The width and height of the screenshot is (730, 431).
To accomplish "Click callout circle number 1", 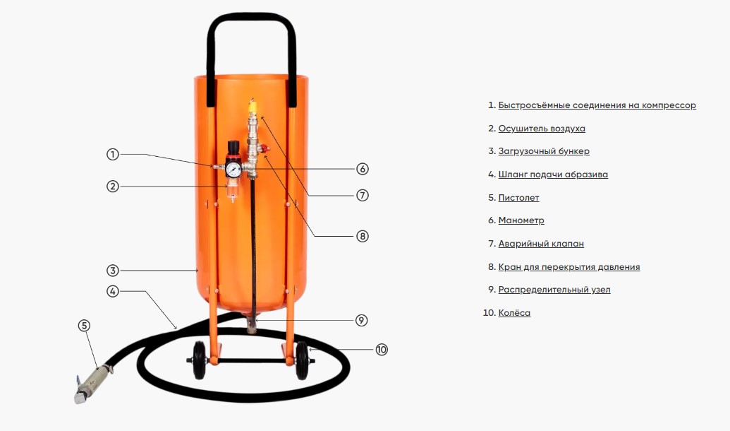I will coord(112,154).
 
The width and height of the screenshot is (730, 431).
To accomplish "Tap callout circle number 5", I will coord(84,326).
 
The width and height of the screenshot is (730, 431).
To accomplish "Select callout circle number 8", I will coord(363,236).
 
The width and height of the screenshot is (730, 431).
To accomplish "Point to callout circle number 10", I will coord(382,349).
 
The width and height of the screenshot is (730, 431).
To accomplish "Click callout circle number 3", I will coord(112,270).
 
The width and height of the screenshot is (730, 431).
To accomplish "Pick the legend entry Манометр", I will coord(521,220).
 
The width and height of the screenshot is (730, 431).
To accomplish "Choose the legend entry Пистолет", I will coord(518,198).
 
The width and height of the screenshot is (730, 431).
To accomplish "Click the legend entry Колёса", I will coord(514,312).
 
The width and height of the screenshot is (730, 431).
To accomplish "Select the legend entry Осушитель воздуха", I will coord(542,129).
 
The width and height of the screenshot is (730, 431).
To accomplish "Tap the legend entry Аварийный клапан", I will coord(541,244).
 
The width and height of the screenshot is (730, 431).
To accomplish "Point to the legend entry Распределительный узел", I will coord(554,290).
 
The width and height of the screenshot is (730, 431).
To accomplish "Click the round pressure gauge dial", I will coord(233,170).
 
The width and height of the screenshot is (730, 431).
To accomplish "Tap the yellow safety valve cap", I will coord(253,107).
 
